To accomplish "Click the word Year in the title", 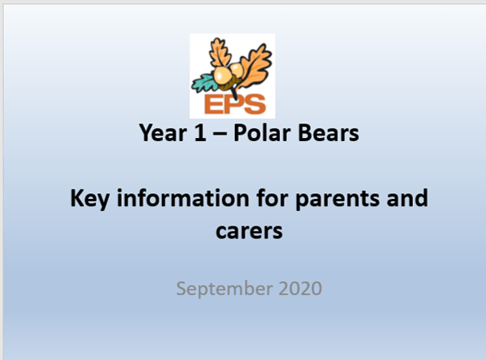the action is point(163,133).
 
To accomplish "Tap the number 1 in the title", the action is point(200,132).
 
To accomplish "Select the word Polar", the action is point(261,132).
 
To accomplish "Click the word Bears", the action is point(328,133).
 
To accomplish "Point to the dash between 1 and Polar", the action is point(220,135).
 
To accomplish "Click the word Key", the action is point(90,199).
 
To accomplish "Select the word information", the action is point(183,198).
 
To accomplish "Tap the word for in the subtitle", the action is point(272,197).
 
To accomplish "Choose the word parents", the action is point(337,200).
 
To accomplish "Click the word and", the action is point(407,198).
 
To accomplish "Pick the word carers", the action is point(249,231).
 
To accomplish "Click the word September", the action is point(225,289).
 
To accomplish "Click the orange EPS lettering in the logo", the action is point(235,103).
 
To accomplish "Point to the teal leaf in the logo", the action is point(205,83).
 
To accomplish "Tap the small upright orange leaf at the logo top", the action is point(220,52).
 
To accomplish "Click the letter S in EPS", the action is point(255,103).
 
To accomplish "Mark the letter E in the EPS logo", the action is point(213,104).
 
